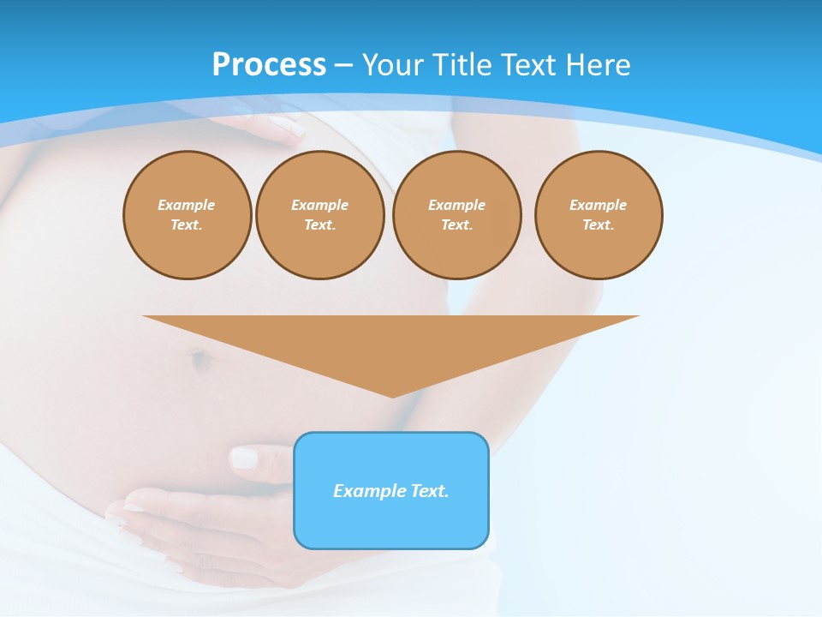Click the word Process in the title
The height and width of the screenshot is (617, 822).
[269, 64]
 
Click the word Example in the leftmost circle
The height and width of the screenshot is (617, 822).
[187, 205]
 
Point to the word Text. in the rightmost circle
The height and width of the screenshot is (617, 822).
[598, 225]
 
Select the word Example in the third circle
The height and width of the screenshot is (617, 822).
[456, 205]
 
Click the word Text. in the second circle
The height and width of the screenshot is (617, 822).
[319, 225]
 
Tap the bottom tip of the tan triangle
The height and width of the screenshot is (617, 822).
[392, 396]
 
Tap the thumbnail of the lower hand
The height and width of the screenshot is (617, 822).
[244, 458]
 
